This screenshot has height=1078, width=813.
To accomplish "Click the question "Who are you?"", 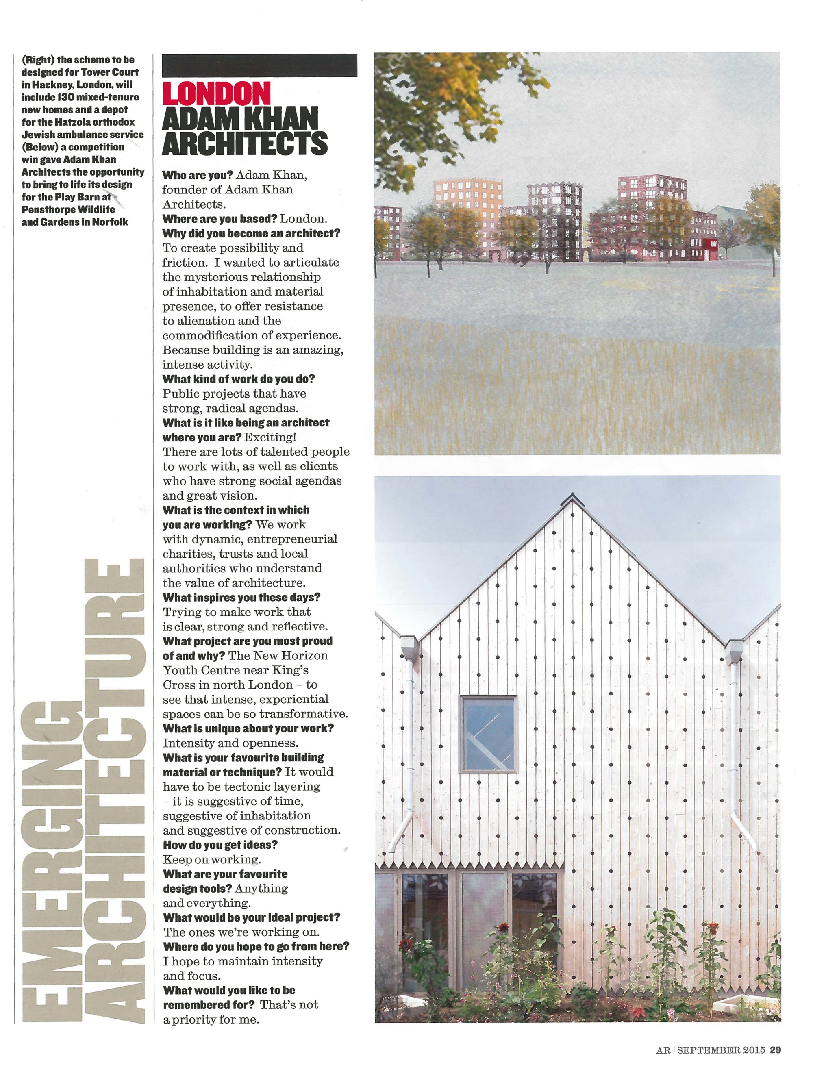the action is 198,175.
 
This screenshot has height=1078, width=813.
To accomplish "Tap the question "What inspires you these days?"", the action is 241,598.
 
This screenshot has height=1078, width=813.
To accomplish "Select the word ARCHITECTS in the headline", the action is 244,143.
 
